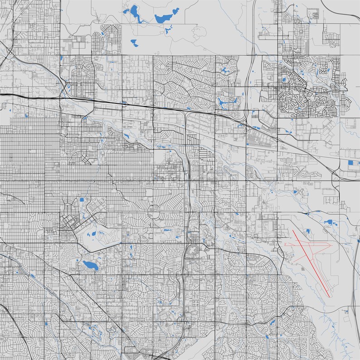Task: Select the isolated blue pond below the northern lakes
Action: click(x=134, y=43)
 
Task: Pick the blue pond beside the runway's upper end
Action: click(x=307, y=232)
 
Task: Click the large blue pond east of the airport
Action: click(x=328, y=222)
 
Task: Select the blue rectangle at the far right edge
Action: click(x=350, y=162)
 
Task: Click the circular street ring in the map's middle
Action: click(x=154, y=209)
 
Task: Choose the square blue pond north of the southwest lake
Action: click(x=82, y=199)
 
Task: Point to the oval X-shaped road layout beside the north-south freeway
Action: click(x=193, y=249)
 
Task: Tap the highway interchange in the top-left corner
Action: click(x=9, y=52)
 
